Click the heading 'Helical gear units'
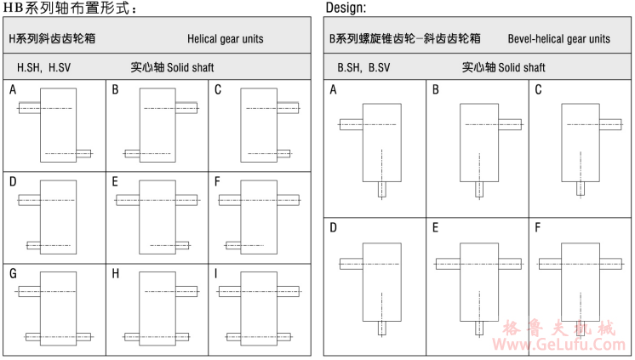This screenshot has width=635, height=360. tap(226, 39)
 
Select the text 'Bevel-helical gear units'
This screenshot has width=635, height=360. tap(558, 39)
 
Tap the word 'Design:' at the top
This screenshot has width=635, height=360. tap(346, 8)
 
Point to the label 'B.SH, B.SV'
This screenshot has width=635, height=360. tap(363, 67)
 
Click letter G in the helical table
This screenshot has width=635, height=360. tap(13, 274)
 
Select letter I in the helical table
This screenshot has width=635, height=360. tap(217, 274)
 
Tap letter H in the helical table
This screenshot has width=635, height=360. tap(115, 274)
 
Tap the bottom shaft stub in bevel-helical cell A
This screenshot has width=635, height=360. tap(383, 189)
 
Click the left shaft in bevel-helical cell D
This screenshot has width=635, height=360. tap(351, 264)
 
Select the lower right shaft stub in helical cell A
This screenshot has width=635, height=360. tap(83, 154)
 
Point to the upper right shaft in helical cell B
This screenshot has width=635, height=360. tap(187, 108)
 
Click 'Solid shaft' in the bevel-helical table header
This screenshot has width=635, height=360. tap(522, 67)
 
